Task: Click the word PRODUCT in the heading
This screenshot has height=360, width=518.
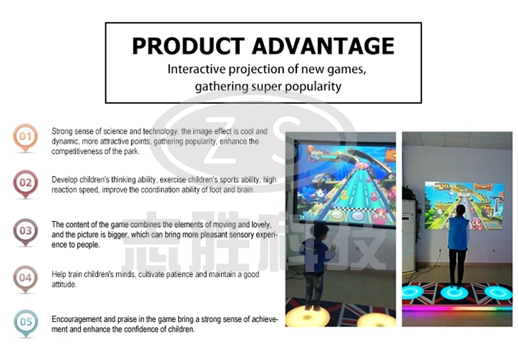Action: [x=188, y=46]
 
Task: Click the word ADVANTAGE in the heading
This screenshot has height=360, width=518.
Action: [x=323, y=46]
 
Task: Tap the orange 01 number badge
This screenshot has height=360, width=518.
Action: [x=26, y=137]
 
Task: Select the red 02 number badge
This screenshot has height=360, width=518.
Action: [x=26, y=184]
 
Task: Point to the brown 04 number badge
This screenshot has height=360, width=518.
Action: [x=26, y=278]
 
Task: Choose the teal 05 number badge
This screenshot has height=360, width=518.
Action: [x=26, y=323]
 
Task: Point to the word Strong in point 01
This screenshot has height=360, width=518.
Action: [x=62, y=132]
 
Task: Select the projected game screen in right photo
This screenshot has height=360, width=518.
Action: [x=464, y=205]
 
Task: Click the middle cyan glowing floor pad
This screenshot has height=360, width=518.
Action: [x=454, y=292]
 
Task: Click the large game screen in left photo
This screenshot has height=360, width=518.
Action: [x=346, y=184]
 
